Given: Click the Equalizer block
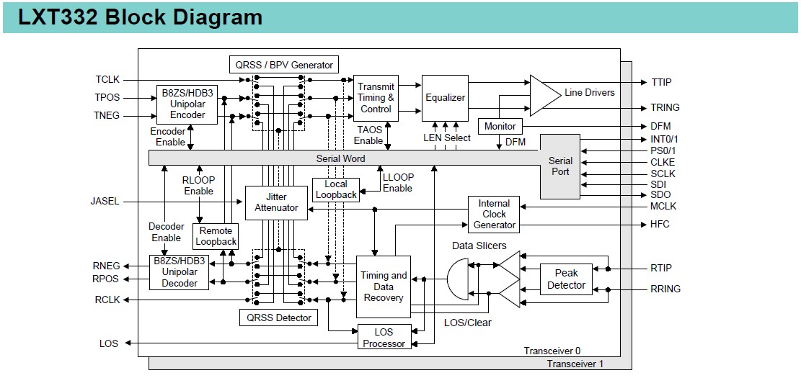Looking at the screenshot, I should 445,98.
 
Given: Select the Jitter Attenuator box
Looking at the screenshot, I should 276,202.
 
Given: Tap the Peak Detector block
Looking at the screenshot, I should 567,279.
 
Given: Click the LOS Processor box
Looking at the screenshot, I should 384,338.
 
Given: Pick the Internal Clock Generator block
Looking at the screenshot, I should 494,214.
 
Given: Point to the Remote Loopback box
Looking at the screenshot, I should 216,236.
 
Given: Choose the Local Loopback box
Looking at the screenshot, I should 335,189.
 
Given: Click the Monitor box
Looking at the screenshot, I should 500,127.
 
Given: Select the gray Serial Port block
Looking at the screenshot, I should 560,166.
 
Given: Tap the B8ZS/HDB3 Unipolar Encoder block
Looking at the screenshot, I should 187,104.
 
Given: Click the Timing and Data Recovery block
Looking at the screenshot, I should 384,286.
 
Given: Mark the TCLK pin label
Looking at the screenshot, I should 107,79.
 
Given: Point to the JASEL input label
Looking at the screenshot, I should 105,202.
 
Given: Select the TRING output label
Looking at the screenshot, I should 665,108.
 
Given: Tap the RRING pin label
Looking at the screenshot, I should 665,289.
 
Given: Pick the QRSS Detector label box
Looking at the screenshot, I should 278,318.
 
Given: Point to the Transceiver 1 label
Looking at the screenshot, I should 575,364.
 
